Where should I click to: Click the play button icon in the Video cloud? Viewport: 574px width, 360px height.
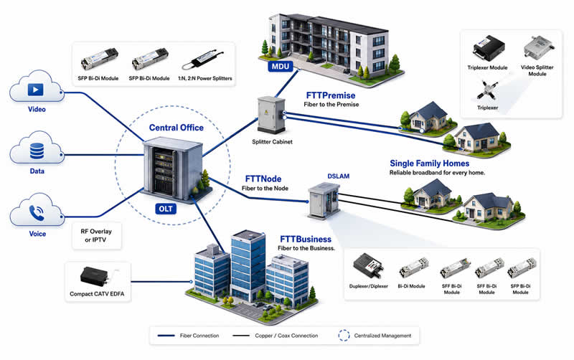(x=35, y=89)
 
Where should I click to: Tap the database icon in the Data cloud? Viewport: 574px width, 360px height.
(x=37, y=151)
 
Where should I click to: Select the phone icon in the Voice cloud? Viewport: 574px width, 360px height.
(x=37, y=213)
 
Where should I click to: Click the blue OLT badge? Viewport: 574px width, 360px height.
(x=166, y=209)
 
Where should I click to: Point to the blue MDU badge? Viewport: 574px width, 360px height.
(x=281, y=67)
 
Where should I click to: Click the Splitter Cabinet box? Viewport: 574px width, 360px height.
(x=271, y=115)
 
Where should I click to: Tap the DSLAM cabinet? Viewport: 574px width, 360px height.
(x=324, y=201)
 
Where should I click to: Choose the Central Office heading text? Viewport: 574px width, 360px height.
(x=176, y=128)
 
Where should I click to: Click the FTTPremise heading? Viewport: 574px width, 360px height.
(x=331, y=95)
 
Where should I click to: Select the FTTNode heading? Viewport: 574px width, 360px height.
(x=263, y=179)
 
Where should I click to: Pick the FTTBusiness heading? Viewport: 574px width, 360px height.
(x=306, y=240)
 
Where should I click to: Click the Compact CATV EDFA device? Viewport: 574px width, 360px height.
(x=95, y=277)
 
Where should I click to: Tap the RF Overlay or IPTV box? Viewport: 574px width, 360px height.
(x=97, y=236)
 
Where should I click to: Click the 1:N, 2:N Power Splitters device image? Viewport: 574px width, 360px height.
(x=203, y=60)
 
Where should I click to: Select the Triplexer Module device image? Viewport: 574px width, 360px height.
(x=489, y=48)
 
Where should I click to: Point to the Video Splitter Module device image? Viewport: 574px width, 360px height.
(x=539, y=47)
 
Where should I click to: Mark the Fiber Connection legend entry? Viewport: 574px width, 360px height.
(x=188, y=336)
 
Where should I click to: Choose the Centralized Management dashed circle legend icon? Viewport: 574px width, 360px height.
(x=344, y=336)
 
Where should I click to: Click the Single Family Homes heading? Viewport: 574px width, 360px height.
(x=429, y=164)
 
